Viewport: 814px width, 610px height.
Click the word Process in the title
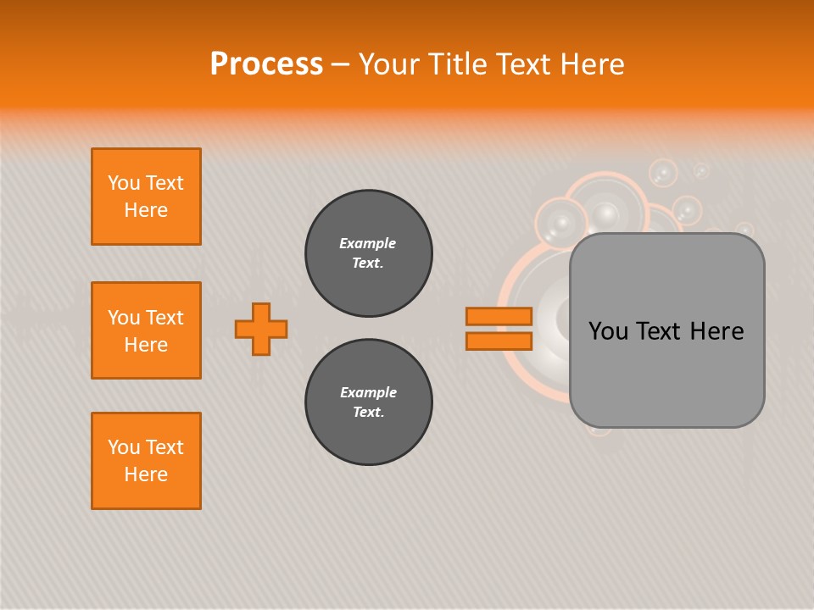[x=266, y=64]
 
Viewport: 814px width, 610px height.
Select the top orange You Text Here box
[x=146, y=197]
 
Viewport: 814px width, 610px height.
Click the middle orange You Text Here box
[x=146, y=330]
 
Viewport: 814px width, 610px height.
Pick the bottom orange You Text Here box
[x=146, y=461]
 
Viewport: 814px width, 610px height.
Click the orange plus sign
[x=261, y=329]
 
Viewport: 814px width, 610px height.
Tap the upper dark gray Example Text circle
[x=369, y=253]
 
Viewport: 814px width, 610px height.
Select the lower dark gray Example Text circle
[x=369, y=402]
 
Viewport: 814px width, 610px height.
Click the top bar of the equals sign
[x=499, y=316]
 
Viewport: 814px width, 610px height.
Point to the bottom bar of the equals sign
[x=499, y=341]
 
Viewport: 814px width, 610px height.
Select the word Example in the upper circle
[x=368, y=243]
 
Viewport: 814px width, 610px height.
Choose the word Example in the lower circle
[x=368, y=392]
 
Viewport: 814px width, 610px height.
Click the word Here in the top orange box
[x=146, y=210]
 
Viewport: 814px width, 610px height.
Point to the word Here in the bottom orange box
[x=146, y=474]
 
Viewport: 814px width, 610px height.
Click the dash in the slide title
[x=341, y=64]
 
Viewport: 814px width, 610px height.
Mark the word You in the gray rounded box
[x=608, y=331]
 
